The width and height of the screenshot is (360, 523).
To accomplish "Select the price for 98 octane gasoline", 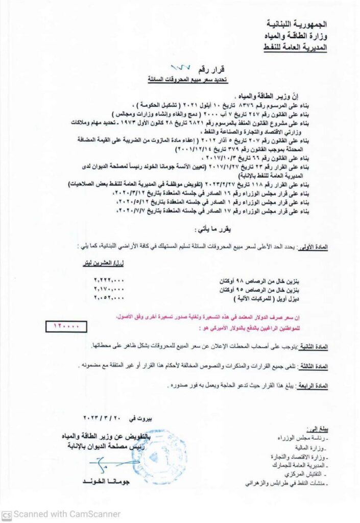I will click(110, 280).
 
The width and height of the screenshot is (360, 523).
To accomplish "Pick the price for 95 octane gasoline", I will click(110, 289).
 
